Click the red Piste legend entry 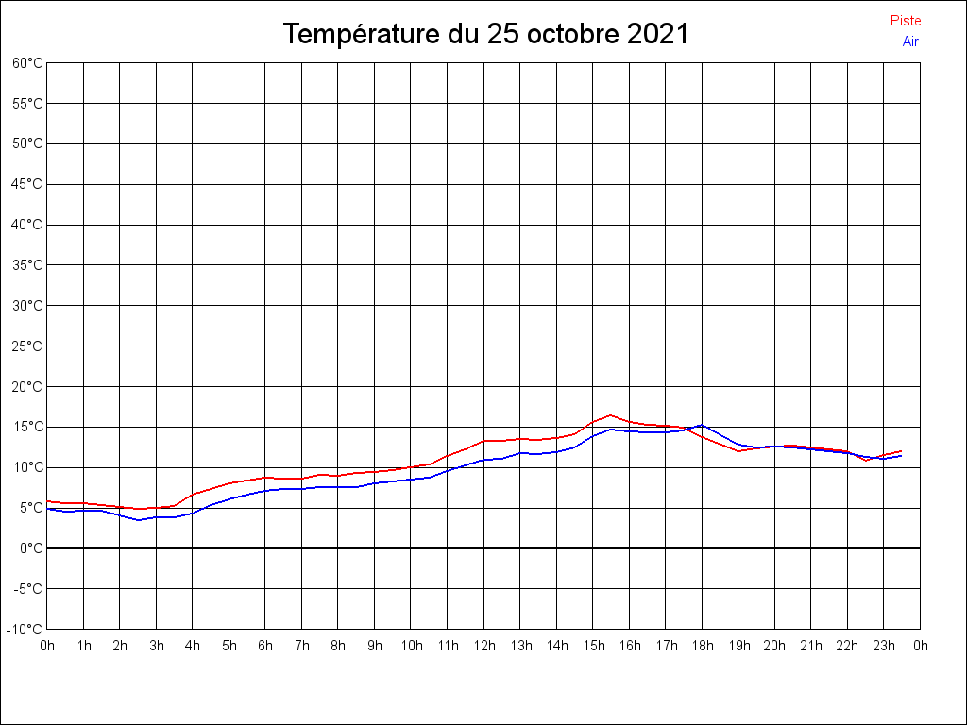coord(905,21)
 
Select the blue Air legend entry coord(910,41)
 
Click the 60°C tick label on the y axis coord(27,63)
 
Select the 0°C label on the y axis coord(30,548)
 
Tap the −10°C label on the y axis coord(25,629)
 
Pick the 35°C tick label coord(27,265)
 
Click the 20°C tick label coord(27,386)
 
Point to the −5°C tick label coord(27,588)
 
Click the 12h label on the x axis coord(483,646)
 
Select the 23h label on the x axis coord(884,646)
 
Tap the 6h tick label coord(265,646)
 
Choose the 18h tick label coord(702,646)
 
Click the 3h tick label coord(156,646)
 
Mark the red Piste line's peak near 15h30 coord(611,415)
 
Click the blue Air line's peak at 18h coord(702,425)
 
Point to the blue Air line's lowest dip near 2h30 coord(138,520)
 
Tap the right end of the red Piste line coord(902,451)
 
